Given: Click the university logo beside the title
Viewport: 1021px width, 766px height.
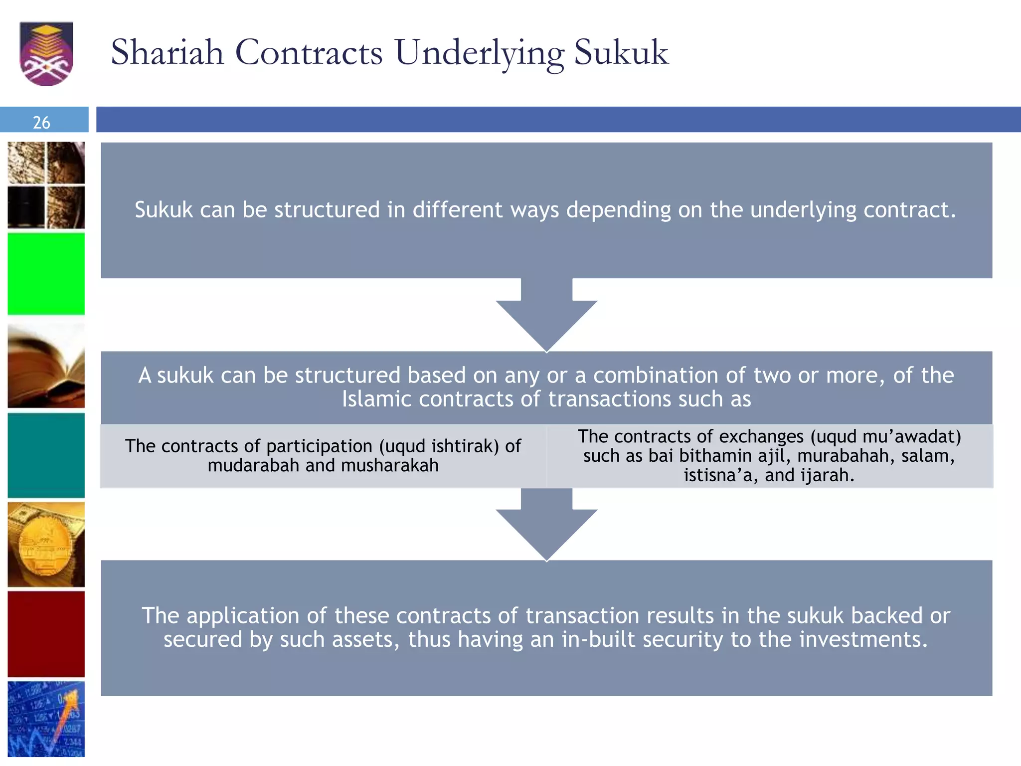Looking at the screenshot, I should click(46, 53).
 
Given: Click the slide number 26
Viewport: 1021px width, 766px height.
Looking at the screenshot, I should click(41, 122).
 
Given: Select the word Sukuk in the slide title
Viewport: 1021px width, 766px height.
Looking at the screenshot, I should click(621, 52).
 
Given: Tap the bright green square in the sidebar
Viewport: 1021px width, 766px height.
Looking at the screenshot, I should click(46, 274).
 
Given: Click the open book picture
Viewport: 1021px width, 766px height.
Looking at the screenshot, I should click(46, 366).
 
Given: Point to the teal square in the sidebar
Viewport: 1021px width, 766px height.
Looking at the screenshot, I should click(46, 455).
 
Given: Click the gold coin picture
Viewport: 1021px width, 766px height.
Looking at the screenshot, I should click(46, 545).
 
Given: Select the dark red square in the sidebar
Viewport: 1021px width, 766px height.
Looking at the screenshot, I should click(46, 634).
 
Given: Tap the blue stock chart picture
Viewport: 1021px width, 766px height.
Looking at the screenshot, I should click(46, 719).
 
